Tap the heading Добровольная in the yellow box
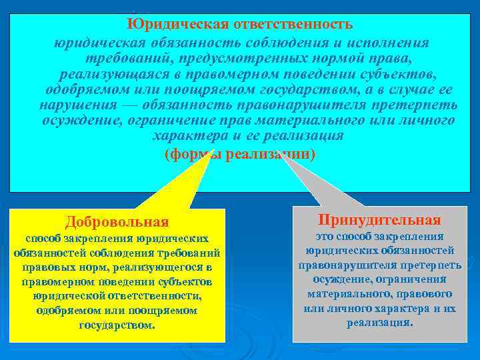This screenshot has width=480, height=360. point(117,221)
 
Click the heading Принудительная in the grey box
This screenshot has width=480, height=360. point(379,220)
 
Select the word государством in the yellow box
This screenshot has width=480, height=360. point(117,325)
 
